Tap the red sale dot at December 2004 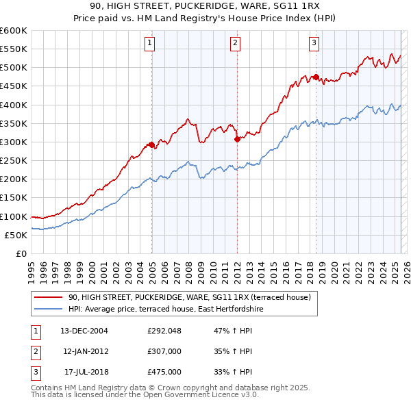pos(151,144)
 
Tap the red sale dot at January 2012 pos(237,139)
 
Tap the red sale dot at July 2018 pos(316,77)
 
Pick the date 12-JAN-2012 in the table pos(86,351)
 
